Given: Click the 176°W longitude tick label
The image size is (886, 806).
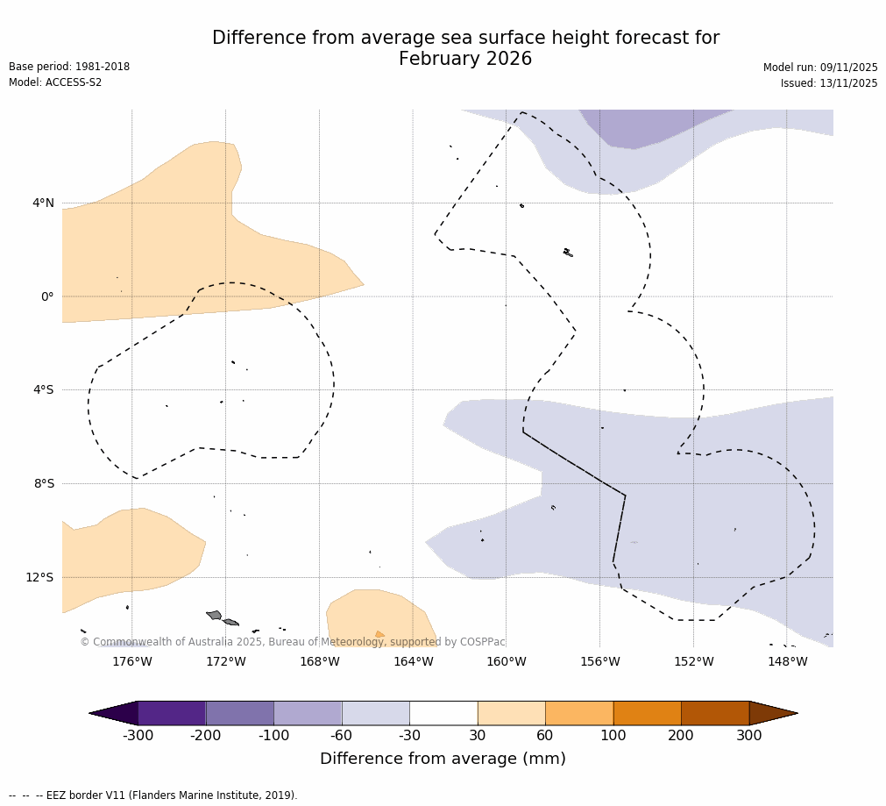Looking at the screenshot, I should (x=131, y=661).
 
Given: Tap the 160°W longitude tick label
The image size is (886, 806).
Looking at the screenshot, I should (x=507, y=661).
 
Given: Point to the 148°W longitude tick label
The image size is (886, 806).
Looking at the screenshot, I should (x=787, y=661).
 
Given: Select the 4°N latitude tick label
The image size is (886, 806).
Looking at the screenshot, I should (x=43, y=203).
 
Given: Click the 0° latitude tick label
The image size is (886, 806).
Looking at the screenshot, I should (x=46, y=296).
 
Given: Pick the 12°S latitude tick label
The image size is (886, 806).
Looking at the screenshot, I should (x=39, y=577).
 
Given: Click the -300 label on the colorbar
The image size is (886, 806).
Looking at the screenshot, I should (x=138, y=736).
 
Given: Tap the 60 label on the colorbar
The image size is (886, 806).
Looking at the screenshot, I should (x=545, y=736).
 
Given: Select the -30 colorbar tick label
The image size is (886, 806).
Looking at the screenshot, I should (x=409, y=736).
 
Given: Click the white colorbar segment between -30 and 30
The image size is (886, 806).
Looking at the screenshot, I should (x=443, y=713).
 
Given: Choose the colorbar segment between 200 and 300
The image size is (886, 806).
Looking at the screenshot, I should (x=715, y=713).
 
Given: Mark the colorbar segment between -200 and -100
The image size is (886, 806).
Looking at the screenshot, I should (x=239, y=713).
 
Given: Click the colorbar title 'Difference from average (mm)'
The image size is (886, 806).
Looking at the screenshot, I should (x=443, y=760).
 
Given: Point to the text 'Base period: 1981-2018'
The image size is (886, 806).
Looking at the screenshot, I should (x=69, y=67).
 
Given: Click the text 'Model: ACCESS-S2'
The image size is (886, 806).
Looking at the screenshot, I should (x=55, y=82).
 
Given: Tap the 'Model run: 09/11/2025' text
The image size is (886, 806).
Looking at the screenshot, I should (x=820, y=68).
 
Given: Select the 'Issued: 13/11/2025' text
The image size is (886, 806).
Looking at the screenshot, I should (x=829, y=83).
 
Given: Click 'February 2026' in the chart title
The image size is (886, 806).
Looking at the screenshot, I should (x=465, y=60).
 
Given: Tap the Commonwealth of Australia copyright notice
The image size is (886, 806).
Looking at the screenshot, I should (x=293, y=642).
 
